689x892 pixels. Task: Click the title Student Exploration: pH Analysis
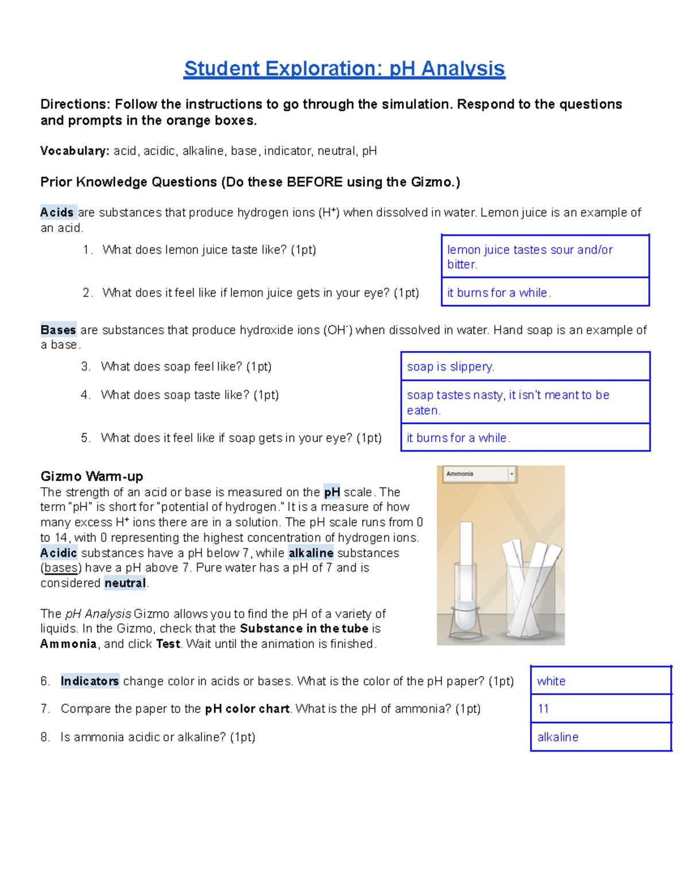pos(344,68)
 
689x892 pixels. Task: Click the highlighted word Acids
pos(57,213)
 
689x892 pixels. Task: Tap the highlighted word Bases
pos(58,330)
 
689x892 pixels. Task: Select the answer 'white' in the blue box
pos(551,681)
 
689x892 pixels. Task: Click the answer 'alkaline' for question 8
pos(558,737)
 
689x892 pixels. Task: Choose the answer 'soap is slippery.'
pos(450,366)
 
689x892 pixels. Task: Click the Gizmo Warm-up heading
pos(91,476)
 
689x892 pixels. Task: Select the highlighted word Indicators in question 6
pos(90,681)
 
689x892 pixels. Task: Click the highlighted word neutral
pos(125,583)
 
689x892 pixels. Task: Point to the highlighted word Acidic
pos(59,553)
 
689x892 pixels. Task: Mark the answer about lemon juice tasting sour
pos(529,257)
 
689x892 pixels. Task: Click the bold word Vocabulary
pos(74,151)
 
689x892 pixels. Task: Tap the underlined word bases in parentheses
pos(61,567)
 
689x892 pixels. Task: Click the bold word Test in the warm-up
pos(168,644)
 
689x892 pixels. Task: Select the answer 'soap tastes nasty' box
pos(508,402)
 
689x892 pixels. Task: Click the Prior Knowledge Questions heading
pos(250,182)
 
